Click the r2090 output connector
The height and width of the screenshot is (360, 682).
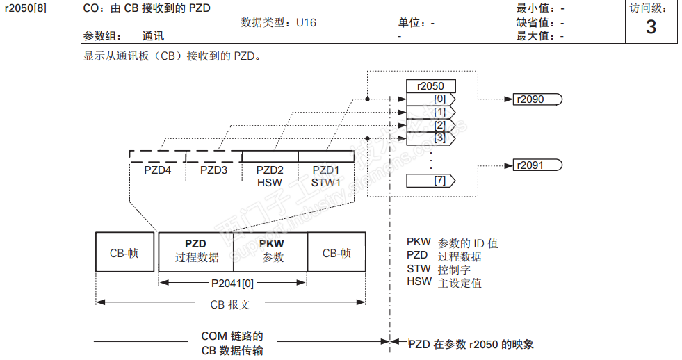pos(536,99)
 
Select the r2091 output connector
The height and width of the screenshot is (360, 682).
pos(536,165)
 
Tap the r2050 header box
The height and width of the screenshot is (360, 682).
pos(430,86)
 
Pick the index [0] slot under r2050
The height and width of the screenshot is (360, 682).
pos(430,99)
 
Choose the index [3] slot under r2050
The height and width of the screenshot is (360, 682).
pos(430,138)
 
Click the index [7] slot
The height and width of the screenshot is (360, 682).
pos(430,181)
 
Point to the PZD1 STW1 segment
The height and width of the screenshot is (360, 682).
pos(325,176)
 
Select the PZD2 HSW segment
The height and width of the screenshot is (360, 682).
pos(270,176)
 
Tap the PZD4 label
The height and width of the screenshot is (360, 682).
pos(157,170)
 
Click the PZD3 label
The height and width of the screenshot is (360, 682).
pos(213,170)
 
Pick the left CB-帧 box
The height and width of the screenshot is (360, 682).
pos(124,252)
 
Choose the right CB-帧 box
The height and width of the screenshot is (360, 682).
pos(336,252)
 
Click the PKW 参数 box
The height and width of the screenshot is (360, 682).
pos(271,251)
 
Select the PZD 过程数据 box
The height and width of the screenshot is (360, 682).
pos(196,251)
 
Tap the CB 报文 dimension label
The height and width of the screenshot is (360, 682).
pos(230,304)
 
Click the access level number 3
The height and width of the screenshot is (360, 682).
pos(651,27)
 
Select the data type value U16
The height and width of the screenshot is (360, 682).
pos(306,23)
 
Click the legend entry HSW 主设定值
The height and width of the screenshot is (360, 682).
pos(444,283)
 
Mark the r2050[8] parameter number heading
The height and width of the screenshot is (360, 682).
pos(26,8)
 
